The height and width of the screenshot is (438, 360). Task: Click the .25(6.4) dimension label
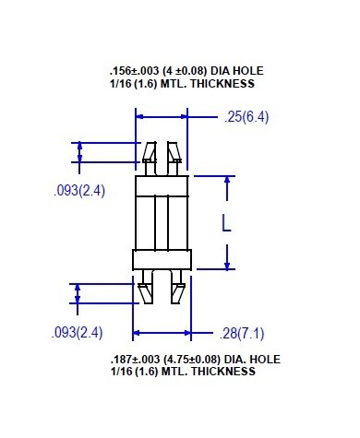(245, 116)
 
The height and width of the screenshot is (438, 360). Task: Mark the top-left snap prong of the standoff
(150, 152)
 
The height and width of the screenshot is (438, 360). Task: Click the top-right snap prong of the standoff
(174, 152)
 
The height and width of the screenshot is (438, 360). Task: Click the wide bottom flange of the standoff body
(162, 259)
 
